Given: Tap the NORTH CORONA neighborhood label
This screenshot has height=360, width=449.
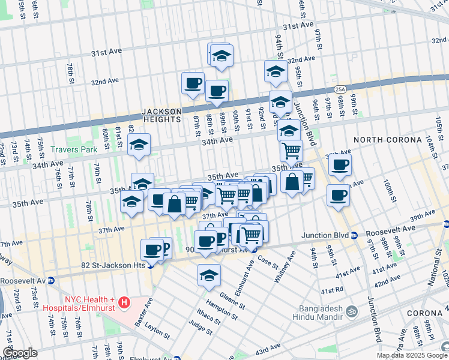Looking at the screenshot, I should coord(387,140).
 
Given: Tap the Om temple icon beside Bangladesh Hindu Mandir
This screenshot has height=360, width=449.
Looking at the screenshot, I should coord(352,313).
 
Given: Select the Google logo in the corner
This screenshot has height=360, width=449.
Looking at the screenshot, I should coord(20,353).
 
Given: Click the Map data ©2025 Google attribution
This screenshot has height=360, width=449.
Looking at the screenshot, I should coord(412,355).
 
